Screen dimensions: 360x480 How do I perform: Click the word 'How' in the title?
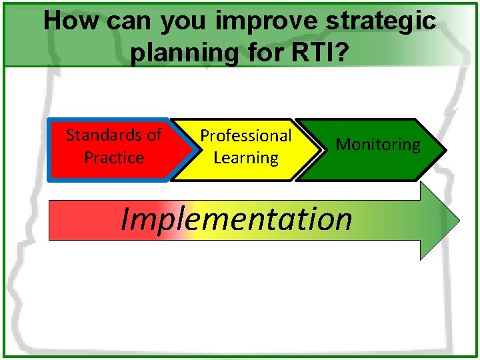click(x=65, y=21)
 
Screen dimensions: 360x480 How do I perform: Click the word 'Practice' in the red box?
click(x=114, y=158)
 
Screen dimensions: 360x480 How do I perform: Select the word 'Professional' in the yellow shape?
click(x=246, y=136)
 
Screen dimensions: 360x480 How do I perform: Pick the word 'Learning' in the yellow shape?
click(x=246, y=159)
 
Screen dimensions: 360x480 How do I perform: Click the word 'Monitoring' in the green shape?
click(x=378, y=145)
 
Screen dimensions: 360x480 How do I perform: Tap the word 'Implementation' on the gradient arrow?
click(x=236, y=219)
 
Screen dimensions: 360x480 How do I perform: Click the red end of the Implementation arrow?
click(x=63, y=220)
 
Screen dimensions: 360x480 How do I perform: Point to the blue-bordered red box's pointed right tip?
click(x=187, y=150)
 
